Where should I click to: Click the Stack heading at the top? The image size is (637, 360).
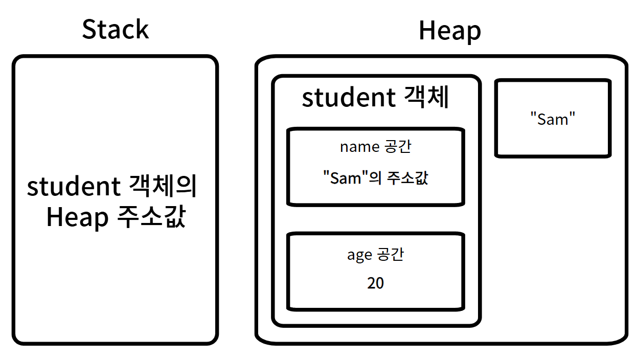[x=115, y=29]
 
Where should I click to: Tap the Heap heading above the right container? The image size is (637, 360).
[x=449, y=31]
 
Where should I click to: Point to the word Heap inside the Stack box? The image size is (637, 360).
[x=77, y=218]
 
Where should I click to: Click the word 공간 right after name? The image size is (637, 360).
[x=397, y=147]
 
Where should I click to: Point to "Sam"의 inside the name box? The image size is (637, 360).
[x=353, y=178]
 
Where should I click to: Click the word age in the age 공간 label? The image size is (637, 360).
[x=359, y=255]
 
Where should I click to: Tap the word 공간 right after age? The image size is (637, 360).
[x=391, y=254]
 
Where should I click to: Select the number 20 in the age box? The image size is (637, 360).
[x=375, y=283]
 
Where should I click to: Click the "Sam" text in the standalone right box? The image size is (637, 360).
[x=553, y=120]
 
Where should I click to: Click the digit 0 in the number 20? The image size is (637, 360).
[x=379, y=283]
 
